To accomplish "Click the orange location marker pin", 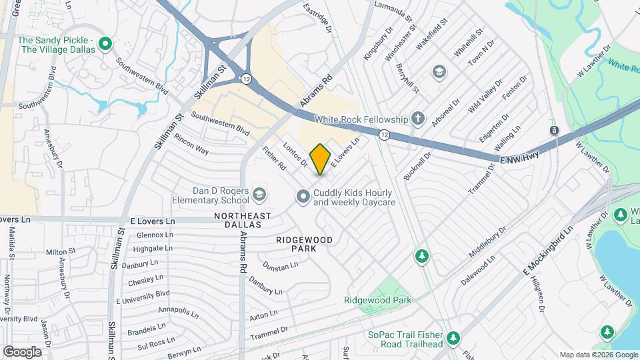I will (321, 159).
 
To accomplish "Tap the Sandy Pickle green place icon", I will (105, 45).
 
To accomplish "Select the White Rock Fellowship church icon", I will (418, 119).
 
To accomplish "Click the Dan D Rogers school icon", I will (259, 195).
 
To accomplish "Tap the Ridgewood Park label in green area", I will (377, 300).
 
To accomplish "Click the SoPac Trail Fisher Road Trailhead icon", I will (453, 337).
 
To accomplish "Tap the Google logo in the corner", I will (22, 351).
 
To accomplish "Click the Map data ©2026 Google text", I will (598, 355).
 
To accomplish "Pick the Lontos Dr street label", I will (295, 154).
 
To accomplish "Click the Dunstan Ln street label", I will (280, 266).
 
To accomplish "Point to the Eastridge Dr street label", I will (317, 17).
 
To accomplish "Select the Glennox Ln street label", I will (154, 235).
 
